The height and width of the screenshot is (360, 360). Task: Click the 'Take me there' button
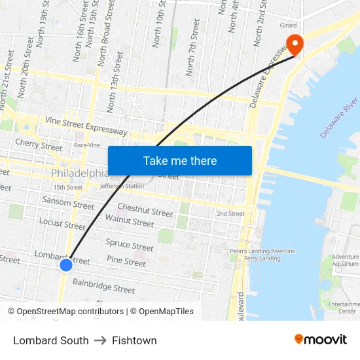pos(179,160)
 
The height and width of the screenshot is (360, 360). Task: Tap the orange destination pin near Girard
pos(295,44)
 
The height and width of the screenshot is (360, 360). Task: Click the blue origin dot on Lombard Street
pos(65,264)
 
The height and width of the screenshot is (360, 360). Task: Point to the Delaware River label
pos(340,117)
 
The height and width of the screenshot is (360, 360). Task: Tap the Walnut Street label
pos(130,221)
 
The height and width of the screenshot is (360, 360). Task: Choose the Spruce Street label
pos(130,245)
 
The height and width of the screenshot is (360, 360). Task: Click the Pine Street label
pos(126,262)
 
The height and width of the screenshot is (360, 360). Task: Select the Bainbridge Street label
pos(103,286)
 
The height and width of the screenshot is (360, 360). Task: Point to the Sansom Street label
pos(68,204)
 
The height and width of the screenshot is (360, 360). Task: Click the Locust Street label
pos(62,224)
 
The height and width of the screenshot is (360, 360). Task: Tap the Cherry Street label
pos(39,144)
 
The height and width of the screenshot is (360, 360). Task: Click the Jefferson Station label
pos(121,186)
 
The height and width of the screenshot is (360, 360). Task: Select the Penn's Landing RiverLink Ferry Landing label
pos(262,254)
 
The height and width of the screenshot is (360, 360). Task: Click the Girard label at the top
pos(288,25)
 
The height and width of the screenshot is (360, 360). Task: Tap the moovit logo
pos(320,340)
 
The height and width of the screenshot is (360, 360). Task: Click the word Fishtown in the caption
pos(134,340)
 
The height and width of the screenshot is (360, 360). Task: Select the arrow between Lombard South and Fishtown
pos(100,340)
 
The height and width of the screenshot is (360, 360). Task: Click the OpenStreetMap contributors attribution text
pos(70,312)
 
